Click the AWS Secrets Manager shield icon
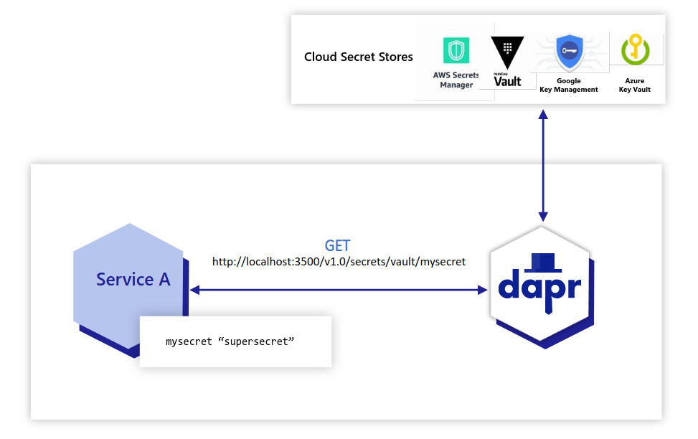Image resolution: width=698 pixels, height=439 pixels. pos(456,50)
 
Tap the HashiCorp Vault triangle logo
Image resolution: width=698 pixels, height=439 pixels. pos(507,52)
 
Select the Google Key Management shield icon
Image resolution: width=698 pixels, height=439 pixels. pos(569,52)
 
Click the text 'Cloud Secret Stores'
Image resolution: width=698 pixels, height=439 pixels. pos(359,57)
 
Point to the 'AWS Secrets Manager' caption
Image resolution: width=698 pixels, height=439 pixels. pos(456,80)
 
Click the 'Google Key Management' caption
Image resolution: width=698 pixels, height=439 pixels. pos(569,85)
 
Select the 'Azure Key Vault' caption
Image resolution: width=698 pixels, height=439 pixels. pos(634,85)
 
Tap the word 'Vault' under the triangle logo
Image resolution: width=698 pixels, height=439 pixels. pos(508,81)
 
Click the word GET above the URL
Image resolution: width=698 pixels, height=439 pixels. pos(338,245)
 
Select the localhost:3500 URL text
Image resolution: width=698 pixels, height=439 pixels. pos(339,262)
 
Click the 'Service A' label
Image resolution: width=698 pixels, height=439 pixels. pos(133,279)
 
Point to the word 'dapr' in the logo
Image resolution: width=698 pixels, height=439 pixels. pos(539,285)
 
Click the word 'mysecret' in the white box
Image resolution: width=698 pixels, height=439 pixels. pos(189,341)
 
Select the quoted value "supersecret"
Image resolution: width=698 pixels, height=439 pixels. pos(256,341)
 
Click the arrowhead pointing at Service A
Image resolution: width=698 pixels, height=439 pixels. pos(195,290)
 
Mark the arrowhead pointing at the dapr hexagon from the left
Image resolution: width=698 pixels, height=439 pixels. pos(481,290)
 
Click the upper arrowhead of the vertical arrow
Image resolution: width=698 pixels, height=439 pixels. pos(543,115)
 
